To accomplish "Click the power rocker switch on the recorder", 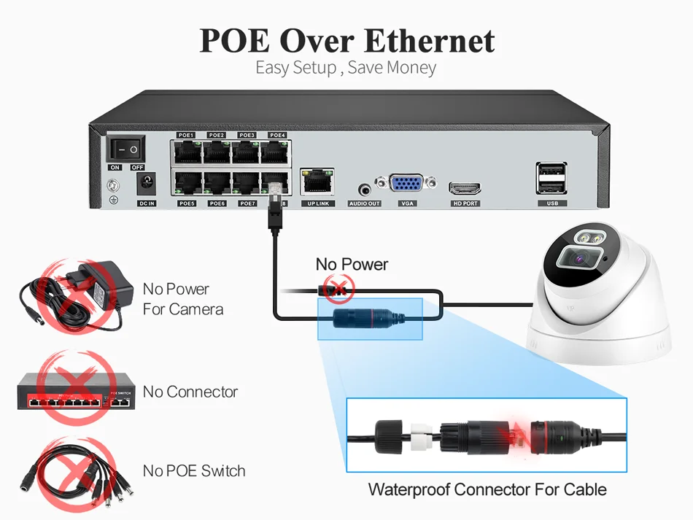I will coord(126,149).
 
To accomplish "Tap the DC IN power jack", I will coord(147,185).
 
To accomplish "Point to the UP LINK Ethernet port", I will coord(317,181).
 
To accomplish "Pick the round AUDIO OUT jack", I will coord(364,188).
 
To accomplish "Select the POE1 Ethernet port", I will coord(187,151).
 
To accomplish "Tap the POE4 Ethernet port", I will coord(276,151).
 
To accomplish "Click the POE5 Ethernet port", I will coord(187,182).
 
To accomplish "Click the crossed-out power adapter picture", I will coord(75,292).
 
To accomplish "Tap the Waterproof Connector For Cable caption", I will coord(487,489).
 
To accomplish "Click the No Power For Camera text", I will coord(182,299).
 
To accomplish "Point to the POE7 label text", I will coord(247,203).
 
